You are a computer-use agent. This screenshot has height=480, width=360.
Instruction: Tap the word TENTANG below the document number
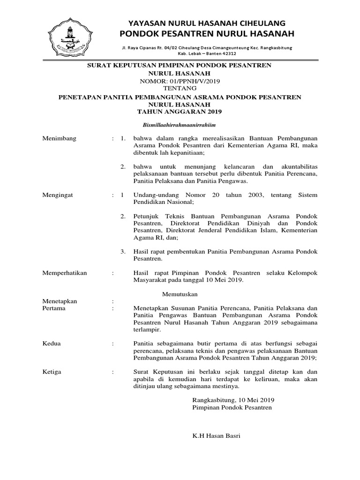[x=180, y=88]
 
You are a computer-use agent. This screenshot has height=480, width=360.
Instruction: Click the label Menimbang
[x=59, y=139]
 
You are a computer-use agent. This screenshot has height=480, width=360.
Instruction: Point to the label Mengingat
[x=58, y=194]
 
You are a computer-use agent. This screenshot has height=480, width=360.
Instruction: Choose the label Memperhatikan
[x=65, y=273]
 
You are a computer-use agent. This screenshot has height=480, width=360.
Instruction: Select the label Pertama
[x=54, y=308]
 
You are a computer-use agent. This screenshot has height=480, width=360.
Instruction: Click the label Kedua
[x=51, y=344]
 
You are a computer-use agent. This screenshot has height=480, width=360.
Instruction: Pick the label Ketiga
[x=52, y=372]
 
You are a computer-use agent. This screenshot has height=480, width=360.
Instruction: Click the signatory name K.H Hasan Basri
[x=217, y=436]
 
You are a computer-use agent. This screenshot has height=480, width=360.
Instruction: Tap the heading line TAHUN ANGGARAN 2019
[x=180, y=112]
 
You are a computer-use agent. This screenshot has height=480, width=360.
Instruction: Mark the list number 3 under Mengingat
[x=123, y=252]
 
